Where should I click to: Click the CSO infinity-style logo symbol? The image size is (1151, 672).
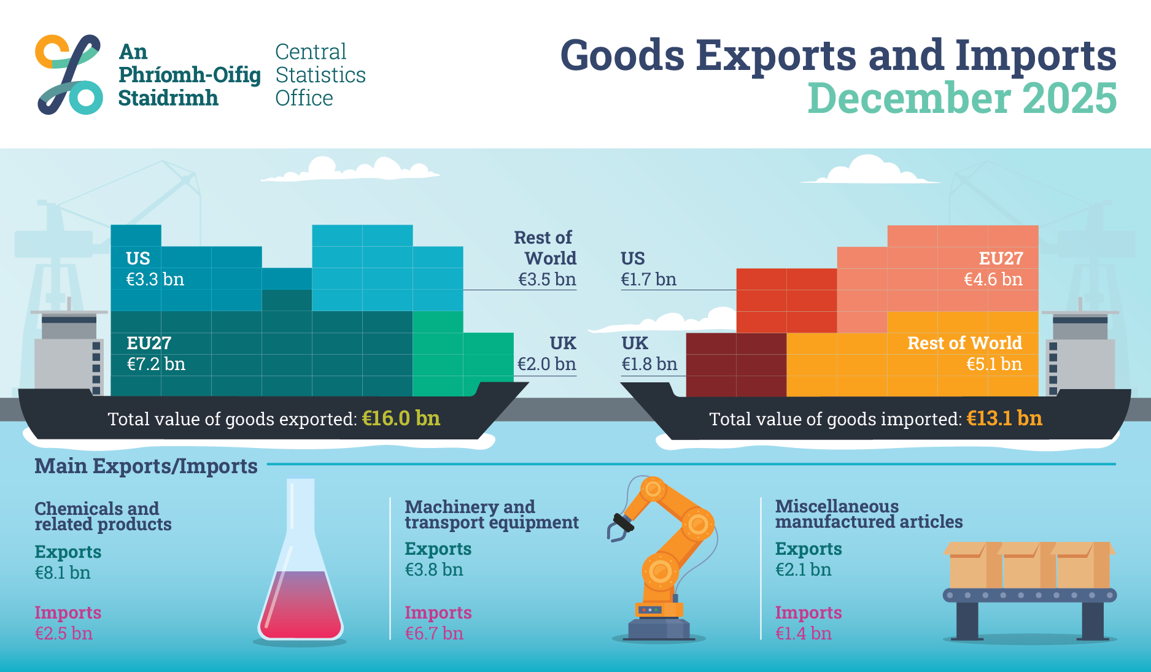(69, 74)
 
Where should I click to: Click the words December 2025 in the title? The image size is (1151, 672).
(962, 98)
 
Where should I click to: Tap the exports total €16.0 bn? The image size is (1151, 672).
(401, 419)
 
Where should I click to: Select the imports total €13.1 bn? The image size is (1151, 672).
(1004, 419)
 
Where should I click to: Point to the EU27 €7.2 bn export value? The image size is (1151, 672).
(156, 364)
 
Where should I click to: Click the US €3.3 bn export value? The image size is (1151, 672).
(155, 279)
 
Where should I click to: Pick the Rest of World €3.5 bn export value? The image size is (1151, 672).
(547, 279)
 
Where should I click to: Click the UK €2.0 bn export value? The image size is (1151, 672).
(546, 364)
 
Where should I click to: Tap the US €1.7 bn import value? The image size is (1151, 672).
(648, 279)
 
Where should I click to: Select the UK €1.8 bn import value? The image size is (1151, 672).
(649, 364)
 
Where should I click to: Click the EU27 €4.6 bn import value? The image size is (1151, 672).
(993, 279)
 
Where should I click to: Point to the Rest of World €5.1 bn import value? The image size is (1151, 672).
(994, 364)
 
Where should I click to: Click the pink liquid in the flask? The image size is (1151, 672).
(300, 608)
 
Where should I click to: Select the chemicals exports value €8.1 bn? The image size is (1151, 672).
(63, 573)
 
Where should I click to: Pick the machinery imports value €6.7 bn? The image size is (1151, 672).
(434, 633)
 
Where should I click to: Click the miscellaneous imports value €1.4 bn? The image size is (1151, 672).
(804, 633)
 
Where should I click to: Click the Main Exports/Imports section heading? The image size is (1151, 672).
(146, 466)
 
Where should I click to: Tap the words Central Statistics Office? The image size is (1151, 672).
(320, 75)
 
